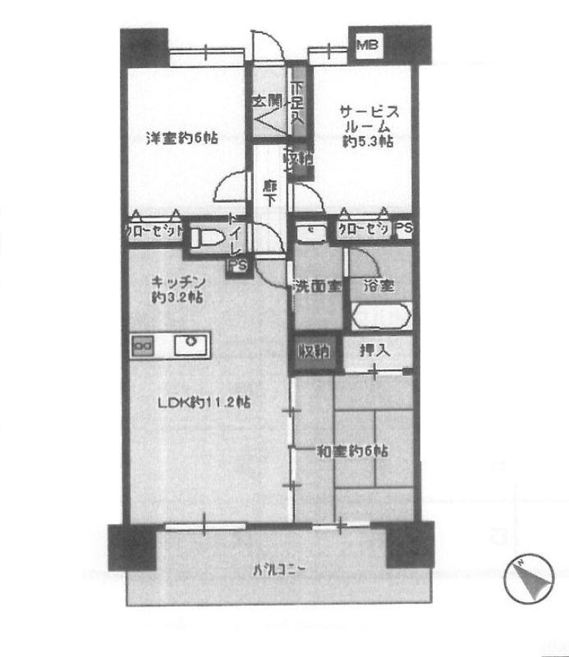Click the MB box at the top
[x=367, y=45]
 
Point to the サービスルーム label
[x=366, y=127]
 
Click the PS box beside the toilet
[x=237, y=265]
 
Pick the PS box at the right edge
[x=404, y=231]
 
